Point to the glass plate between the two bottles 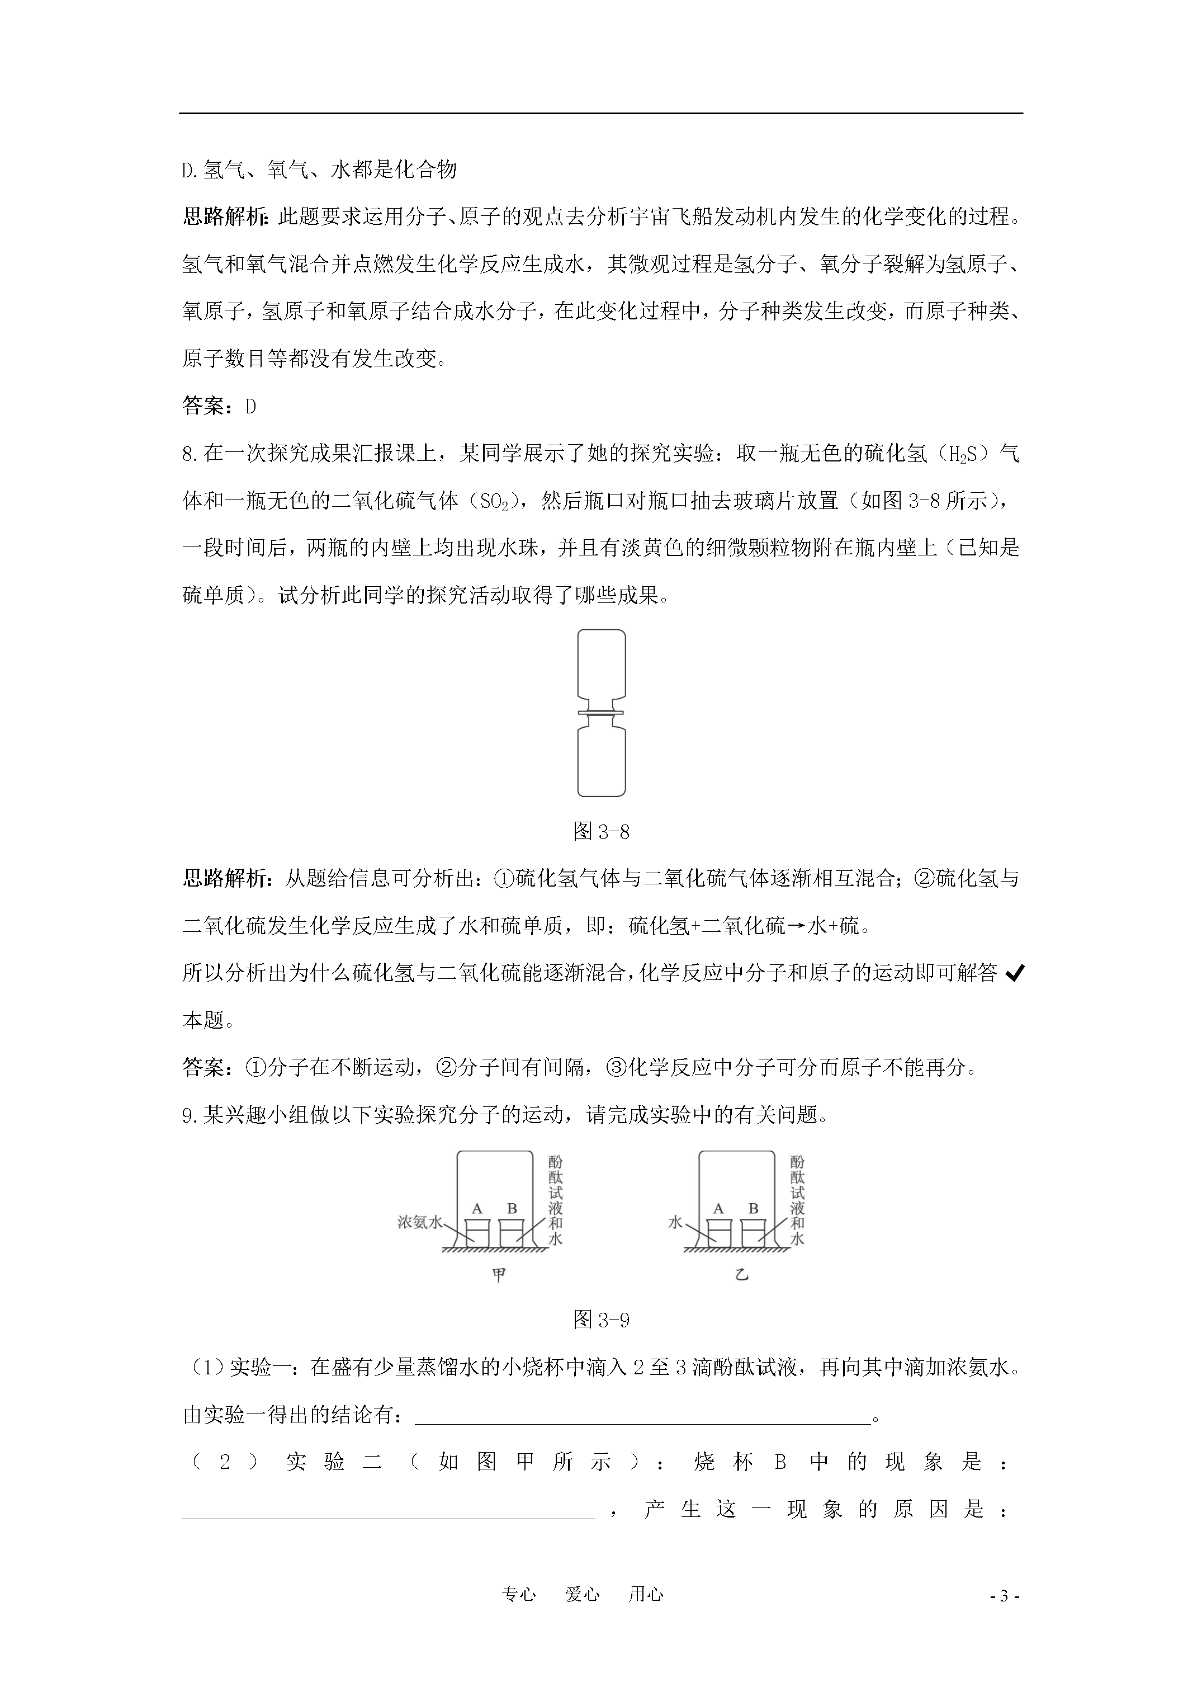[x=602, y=713]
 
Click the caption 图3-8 [x=602, y=831]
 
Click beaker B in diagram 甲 [x=512, y=1233]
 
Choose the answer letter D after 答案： [x=250, y=407]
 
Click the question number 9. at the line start [x=192, y=1115]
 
